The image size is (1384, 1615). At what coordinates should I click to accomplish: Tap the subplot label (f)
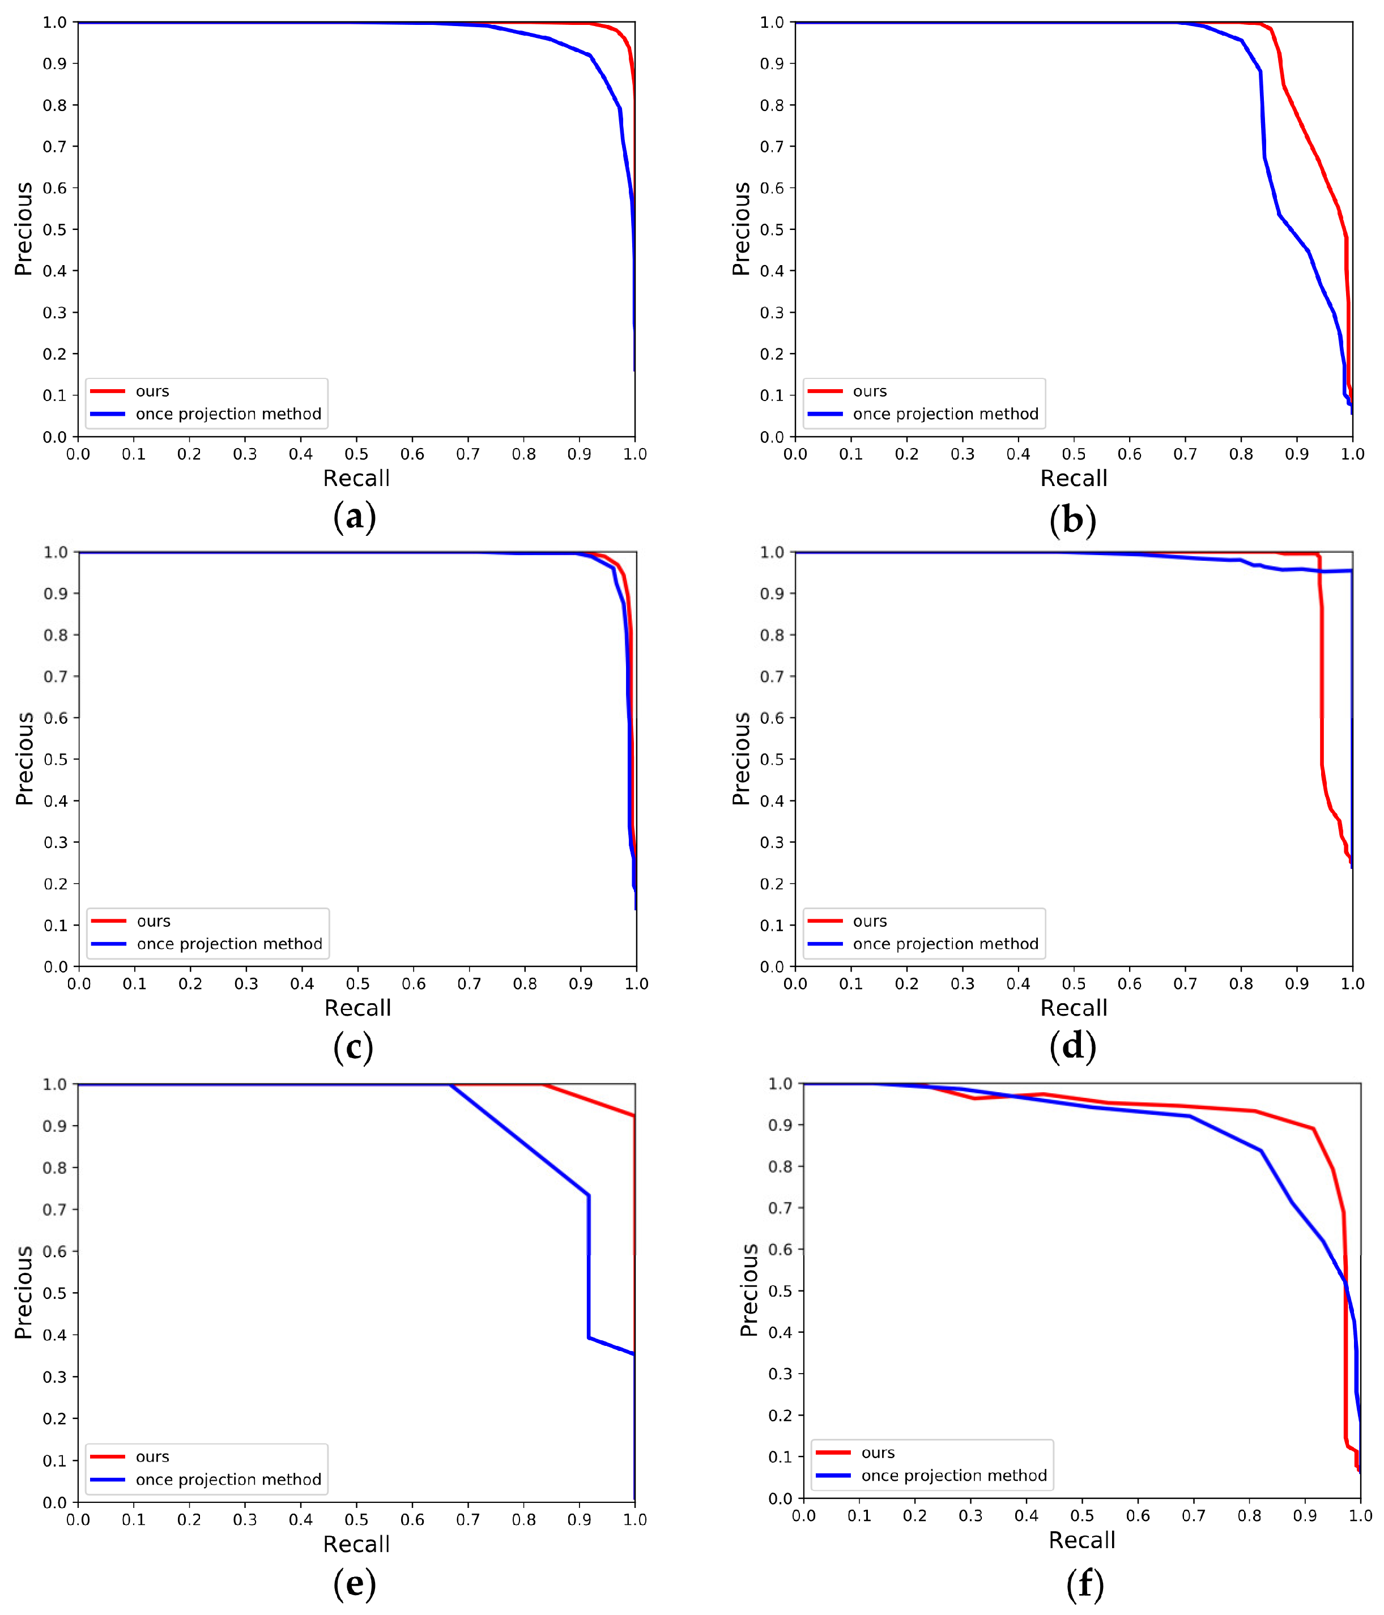1084,1584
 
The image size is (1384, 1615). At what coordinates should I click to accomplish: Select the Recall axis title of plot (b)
1073,479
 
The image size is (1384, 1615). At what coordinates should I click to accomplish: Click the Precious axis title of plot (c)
25,759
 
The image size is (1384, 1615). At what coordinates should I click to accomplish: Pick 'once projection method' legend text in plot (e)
228,1480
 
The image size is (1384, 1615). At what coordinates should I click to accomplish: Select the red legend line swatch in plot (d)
824,921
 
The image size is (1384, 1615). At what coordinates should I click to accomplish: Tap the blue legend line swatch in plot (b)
824,414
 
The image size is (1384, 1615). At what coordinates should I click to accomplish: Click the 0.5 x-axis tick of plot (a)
356,454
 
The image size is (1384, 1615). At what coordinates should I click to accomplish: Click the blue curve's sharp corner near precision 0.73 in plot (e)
589,1196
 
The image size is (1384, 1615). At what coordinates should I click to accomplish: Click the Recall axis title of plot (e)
356,1544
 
